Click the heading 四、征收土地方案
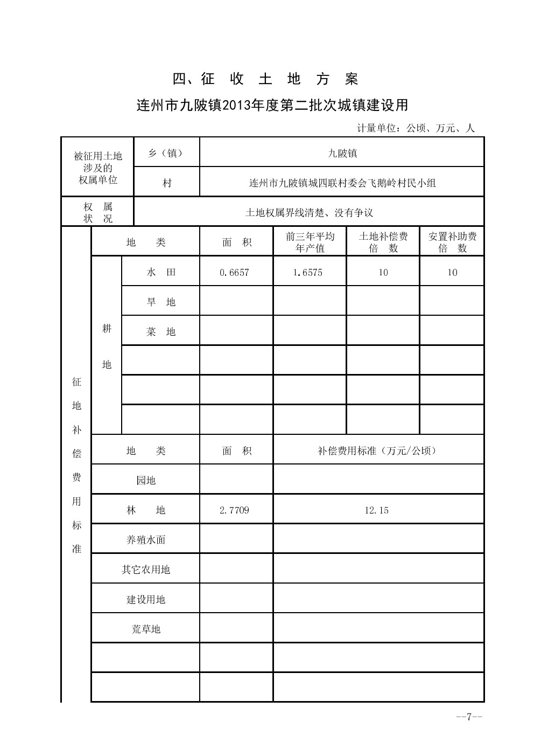coord(265,79)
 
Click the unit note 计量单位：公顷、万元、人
coord(416,128)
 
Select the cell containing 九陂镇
coord(342,154)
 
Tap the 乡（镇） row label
coord(166,154)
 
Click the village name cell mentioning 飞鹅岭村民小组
coord(342,183)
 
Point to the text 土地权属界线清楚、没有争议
coord(309,213)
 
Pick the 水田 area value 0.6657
coord(234,273)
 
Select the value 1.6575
coord(308,273)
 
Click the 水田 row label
coord(161,273)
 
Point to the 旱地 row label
coord(161,302)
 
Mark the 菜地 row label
coord(161,332)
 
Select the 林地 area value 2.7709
coord(234,510)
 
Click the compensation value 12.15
coord(376,510)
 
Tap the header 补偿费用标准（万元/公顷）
coord(377,451)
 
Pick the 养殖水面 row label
coord(145,540)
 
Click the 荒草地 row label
coord(145,629)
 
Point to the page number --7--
coord(469,717)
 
